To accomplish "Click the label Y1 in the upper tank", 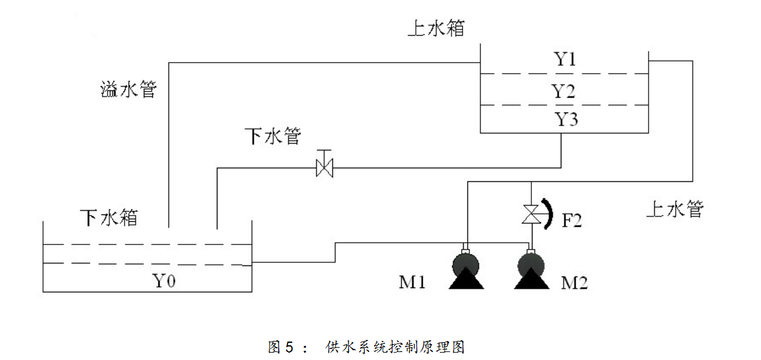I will (x=565, y=60).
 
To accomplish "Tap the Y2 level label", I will (x=563, y=91).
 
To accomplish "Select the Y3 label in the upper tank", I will (x=566, y=119).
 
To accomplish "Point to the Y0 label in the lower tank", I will (x=165, y=281).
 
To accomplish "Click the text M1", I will (x=413, y=283).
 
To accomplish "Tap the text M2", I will (x=575, y=283).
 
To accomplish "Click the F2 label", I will (x=572, y=220).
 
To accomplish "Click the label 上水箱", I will (x=436, y=28).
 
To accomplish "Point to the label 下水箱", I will (x=109, y=217).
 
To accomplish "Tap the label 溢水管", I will (x=128, y=90).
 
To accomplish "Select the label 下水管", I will (x=273, y=136).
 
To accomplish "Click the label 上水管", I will (x=674, y=209).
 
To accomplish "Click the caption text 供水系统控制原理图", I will (x=395, y=347).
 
